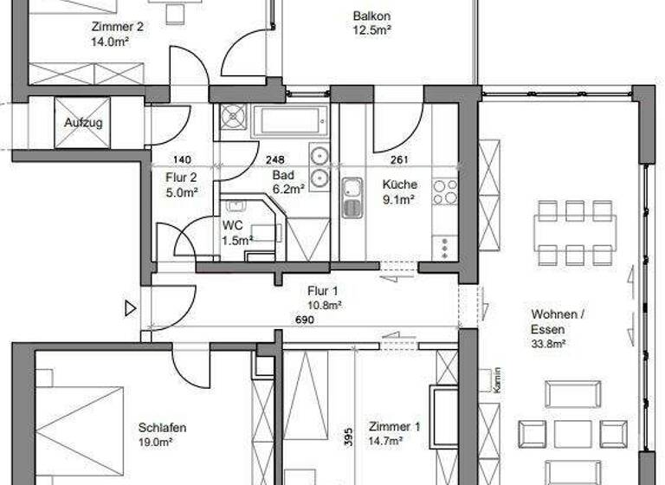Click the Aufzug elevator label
83,123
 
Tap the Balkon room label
372,16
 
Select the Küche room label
400,184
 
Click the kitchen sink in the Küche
352,197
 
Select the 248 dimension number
275,159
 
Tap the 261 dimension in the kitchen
400,159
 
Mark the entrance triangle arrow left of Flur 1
131,307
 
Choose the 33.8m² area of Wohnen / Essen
548,344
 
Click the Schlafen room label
162,427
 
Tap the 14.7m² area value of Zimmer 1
394,440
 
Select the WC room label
232,225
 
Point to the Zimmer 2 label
117,26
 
